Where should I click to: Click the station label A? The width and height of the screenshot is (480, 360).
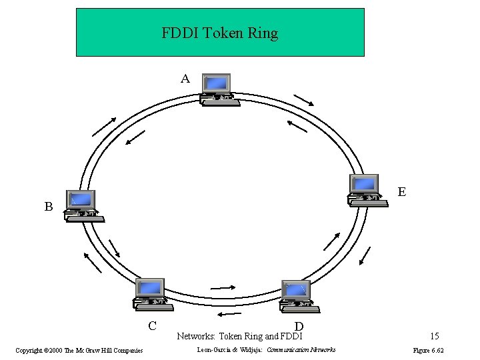click(x=185, y=79)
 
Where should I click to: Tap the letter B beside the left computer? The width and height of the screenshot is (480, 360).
click(x=49, y=207)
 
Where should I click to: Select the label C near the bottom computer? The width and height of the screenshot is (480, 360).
click(x=153, y=326)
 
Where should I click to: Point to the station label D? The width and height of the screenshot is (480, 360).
click(x=299, y=326)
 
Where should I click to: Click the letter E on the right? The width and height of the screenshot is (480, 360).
click(x=402, y=192)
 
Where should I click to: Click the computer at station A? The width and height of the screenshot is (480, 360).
click(x=217, y=89)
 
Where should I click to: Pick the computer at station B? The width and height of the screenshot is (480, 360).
click(x=82, y=205)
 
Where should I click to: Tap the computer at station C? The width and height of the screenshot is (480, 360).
click(x=151, y=294)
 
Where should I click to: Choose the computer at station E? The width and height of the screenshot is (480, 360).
click(x=367, y=190)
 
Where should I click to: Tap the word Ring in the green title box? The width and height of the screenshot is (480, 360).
click(x=262, y=33)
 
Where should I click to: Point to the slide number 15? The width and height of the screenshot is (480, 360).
click(x=434, y=337)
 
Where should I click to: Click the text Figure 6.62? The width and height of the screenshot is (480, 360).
click(x=428, y=350)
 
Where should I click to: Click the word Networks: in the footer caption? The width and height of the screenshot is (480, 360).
click(x=196, y=337)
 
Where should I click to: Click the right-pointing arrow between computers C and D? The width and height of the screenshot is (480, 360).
click(x=223, y=288)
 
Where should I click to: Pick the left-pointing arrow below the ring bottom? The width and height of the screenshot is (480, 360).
click(x=229, y=313)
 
